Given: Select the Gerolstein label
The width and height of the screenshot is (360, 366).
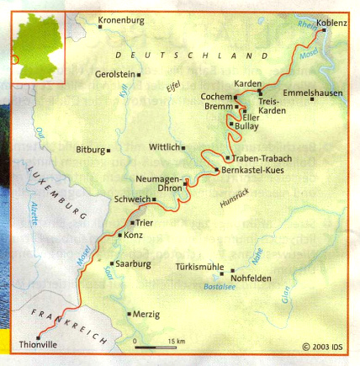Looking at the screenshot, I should tap(114, 74).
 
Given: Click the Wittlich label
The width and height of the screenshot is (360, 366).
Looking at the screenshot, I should tap(165, 146).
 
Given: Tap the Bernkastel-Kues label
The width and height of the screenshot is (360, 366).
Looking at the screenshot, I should tap(251, 170).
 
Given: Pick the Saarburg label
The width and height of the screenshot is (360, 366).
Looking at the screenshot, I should tap(132, 263).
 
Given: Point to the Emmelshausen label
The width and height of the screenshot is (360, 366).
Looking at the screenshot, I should tap(314, 92).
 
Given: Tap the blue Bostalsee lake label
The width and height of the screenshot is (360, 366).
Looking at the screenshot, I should tap(220, 286).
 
